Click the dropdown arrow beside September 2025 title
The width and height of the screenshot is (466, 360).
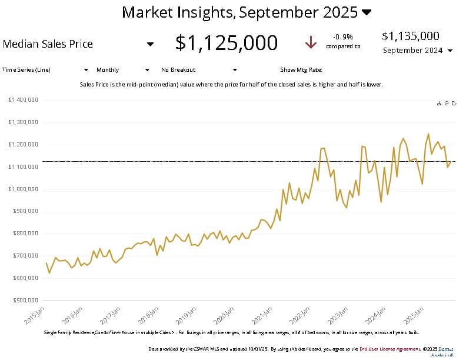point(367,12)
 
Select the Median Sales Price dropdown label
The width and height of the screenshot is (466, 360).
point(48,44)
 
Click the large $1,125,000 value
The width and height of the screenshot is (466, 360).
point(227,43)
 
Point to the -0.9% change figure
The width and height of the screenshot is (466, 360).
point(343,36)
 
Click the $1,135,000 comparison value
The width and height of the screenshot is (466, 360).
point(410,36)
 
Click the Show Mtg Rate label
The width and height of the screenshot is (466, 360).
point(301,69)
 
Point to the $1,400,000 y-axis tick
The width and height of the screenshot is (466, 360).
point(24,100)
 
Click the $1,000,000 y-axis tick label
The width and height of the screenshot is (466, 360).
point(24,189)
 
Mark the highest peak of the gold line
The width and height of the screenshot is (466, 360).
point(428,134)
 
